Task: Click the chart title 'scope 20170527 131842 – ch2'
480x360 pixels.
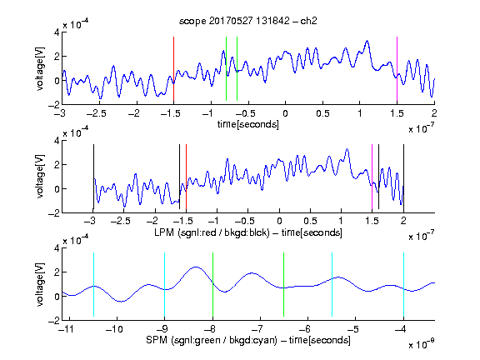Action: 248,21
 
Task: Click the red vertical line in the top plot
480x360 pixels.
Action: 173,69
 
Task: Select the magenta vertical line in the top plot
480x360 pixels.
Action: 397,69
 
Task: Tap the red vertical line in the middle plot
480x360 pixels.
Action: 186,177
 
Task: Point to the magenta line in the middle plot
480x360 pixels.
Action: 372,177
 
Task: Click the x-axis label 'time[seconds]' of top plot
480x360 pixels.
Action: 248,124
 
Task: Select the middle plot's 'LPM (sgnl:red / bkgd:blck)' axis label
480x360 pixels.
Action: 212,232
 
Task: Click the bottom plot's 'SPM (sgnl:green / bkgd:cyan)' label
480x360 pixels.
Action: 212,340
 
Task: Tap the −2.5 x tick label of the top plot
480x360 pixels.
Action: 96,113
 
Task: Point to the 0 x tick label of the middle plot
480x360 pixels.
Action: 279,221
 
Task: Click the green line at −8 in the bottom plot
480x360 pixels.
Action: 212,284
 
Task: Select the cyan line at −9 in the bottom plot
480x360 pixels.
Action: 164,284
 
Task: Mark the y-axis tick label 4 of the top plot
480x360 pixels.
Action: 57,32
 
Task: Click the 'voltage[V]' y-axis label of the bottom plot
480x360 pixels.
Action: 40,284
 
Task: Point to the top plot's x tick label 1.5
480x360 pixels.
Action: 397,113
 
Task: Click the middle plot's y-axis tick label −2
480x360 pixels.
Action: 54,213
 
